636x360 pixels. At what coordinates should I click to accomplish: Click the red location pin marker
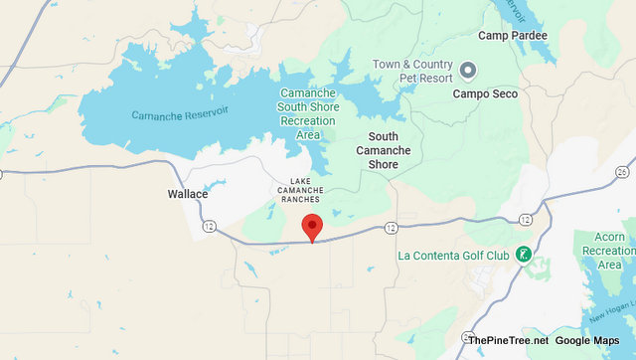(x=312, y=227)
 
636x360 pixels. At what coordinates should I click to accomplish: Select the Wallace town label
(x=188, y=194)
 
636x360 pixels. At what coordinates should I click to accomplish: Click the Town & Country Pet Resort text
(x=412, y=71)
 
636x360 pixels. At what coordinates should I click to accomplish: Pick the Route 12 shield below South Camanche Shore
(x=390, y=228)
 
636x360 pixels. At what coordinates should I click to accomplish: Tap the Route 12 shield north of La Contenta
(x=525, y=219)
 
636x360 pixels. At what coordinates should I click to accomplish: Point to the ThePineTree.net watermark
(x=507, y=340)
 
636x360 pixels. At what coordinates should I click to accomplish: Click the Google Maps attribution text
(x=591, y=340)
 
